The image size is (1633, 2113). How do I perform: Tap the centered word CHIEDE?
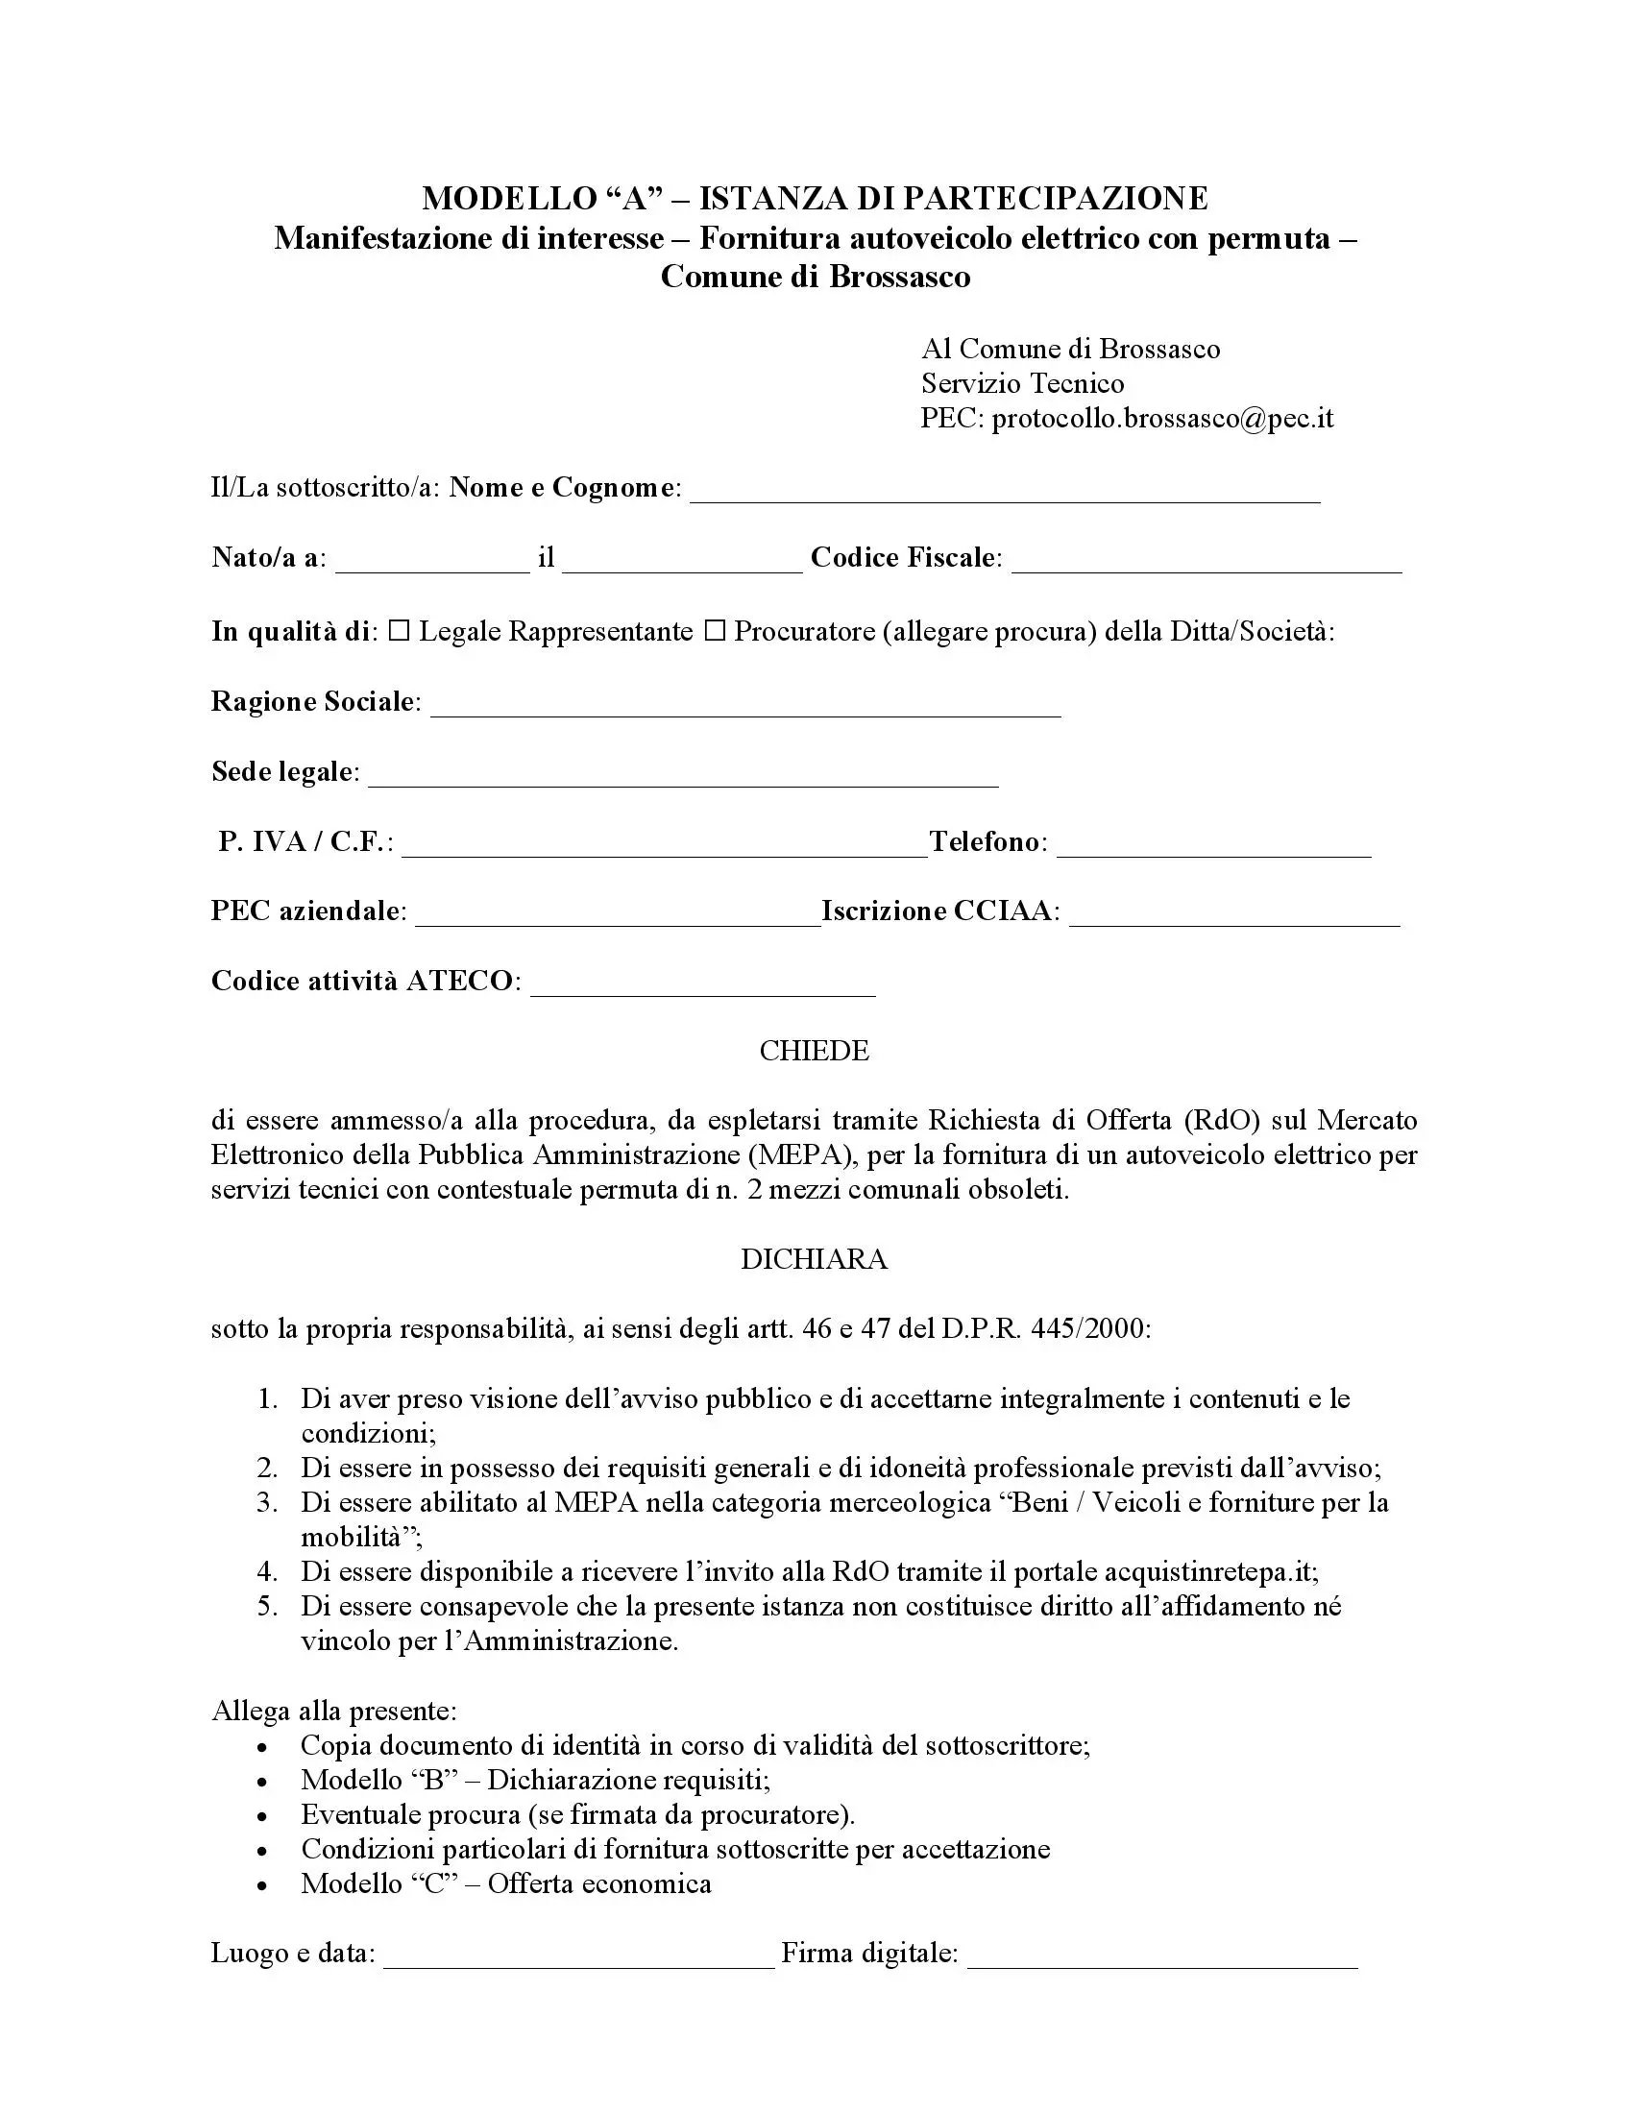coord(815,1051)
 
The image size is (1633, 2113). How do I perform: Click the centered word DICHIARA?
coord(815,1259)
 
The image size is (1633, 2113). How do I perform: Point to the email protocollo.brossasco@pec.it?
coord(1163,418)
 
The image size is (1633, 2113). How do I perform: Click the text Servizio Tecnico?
coord(1023,383)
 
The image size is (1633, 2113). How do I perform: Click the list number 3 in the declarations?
coord(267,1502)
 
